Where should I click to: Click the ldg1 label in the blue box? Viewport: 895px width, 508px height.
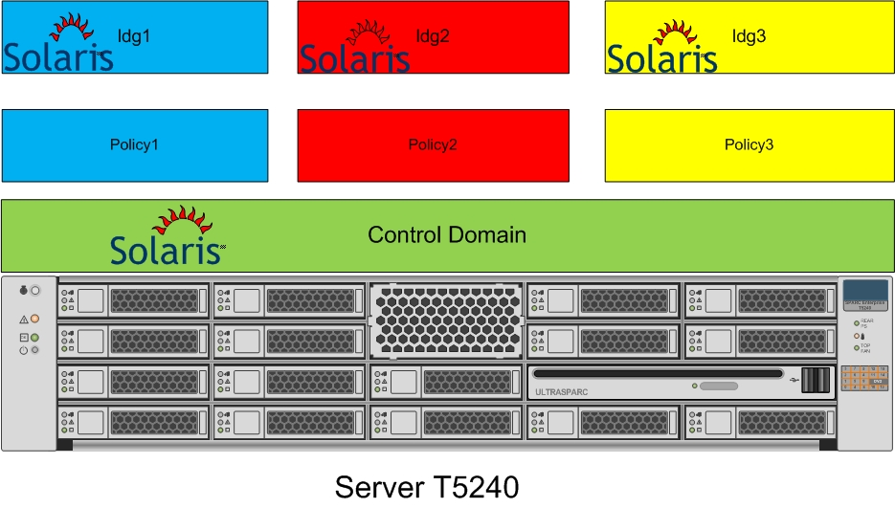click(134, 36)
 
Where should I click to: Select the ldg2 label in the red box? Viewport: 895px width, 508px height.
click(433, 36)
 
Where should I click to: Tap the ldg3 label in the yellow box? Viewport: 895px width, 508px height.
click(750, 36)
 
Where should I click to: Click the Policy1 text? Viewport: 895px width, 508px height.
click(134, 145)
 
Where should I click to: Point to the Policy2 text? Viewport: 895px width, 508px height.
click(433, 145)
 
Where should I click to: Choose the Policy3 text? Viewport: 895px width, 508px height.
click(750, 145)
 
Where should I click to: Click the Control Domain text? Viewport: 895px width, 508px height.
click(447, 234)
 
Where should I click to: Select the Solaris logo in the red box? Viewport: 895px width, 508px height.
click(355, 48)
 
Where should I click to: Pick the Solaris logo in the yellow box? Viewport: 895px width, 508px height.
click(662, 48)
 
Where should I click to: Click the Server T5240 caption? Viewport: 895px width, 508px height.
click(427, 487)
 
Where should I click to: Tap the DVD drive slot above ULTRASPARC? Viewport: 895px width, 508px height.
click(658, 373)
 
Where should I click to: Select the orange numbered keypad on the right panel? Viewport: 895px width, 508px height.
click(863, 378)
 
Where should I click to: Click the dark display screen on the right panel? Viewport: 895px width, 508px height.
click(863, 291)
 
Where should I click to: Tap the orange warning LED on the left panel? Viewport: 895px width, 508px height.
click(35, 318)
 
